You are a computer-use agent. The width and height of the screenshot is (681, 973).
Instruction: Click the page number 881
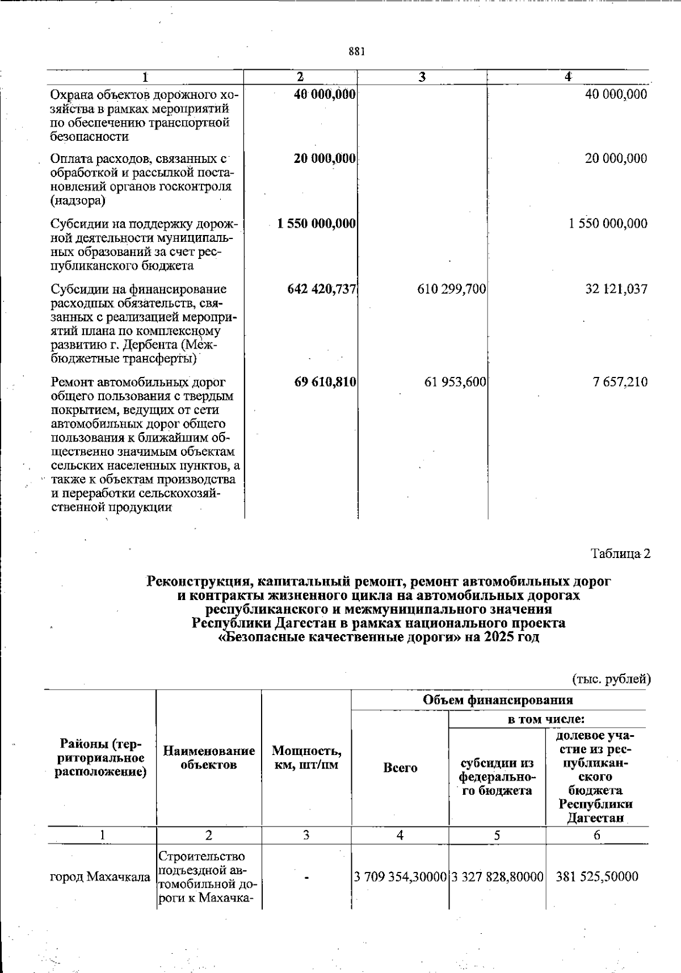pyautogui.click(x=356, y=52)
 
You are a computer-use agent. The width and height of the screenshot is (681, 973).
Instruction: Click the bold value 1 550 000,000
pyautogui.click(x=317, y=224)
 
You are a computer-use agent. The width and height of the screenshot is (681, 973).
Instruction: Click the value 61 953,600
pyautogui.click(x=455, y=382)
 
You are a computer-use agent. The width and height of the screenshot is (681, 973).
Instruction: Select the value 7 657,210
pyautogui.click(x=620, y=382)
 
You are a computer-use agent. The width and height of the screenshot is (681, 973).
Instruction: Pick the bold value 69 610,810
pyautogui.click(x=325, y=382)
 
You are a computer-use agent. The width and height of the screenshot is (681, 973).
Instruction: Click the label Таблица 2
pyautogui.click(x=620, y=553)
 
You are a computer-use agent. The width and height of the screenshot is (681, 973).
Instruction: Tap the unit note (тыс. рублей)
pyautogui.click(x=611, y=678)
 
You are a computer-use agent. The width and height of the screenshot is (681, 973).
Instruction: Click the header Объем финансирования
pyautogui.click(x=498, y=699)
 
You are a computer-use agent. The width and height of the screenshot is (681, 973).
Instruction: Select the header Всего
pyautogui.click(x=400, y=768)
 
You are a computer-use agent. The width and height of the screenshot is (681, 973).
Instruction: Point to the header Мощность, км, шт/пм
pyautogui.click(x=306, y=758)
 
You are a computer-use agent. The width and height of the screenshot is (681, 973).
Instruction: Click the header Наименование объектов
pyautogui.click(x=209, y=758)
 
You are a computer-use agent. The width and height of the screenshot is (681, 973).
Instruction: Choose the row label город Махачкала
pyautogui.click(x=100, y=877)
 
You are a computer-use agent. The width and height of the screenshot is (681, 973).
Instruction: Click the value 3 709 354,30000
pyautogui.click(x=400, y=877)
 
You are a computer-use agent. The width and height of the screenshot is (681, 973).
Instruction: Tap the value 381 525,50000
pyautogui.click(x=597, y=877)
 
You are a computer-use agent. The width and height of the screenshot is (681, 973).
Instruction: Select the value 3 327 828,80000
pyautogui.click(x=498, y=877)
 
